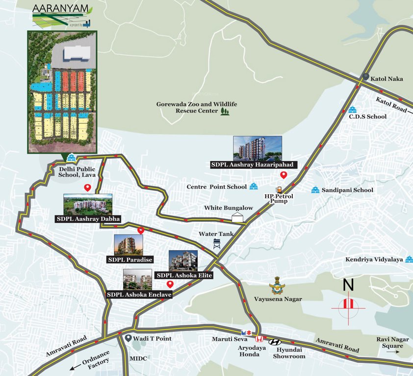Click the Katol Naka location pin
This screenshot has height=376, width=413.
point(366,77)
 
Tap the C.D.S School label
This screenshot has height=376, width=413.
point(367,117)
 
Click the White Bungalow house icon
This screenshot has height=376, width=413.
point(238,217)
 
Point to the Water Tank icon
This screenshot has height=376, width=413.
point(216,244)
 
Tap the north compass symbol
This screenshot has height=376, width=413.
point(348,304)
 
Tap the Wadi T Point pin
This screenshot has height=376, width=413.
point(129,338)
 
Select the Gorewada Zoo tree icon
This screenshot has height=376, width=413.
point(225,112)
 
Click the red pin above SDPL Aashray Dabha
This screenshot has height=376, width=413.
point(88,188)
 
